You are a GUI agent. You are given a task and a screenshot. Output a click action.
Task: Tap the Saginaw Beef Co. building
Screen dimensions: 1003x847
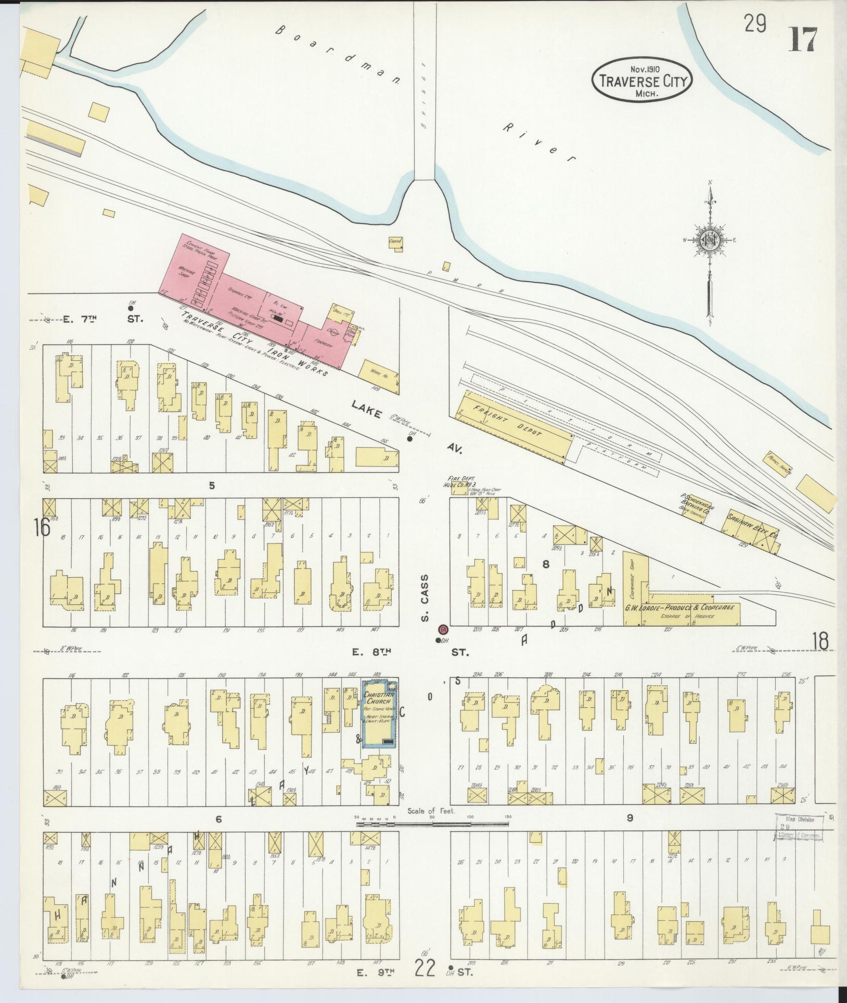tap(749, 526)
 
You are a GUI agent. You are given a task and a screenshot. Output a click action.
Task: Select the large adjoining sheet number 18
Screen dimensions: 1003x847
tap(819, 641)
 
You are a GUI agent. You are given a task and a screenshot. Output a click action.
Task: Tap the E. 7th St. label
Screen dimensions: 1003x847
tap(99, 319)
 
